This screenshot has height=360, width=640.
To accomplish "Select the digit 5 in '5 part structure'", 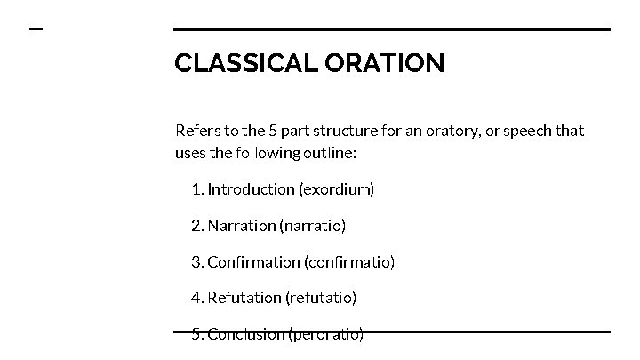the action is tap(274, 131).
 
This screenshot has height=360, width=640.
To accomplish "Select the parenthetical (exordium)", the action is tap(337, 189).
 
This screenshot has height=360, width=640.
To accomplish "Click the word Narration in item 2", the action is tap(242, 226).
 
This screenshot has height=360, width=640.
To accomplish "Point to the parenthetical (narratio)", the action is tap(313, 226).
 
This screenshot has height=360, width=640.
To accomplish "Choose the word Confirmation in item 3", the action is tap(253, 261).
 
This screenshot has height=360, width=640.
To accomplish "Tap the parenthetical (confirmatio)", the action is tap(349, 261).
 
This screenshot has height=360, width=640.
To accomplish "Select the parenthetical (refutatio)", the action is tap(321, 298).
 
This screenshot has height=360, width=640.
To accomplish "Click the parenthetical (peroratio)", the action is tap(326, 334).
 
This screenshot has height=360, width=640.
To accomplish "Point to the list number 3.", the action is tap(196, 261).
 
